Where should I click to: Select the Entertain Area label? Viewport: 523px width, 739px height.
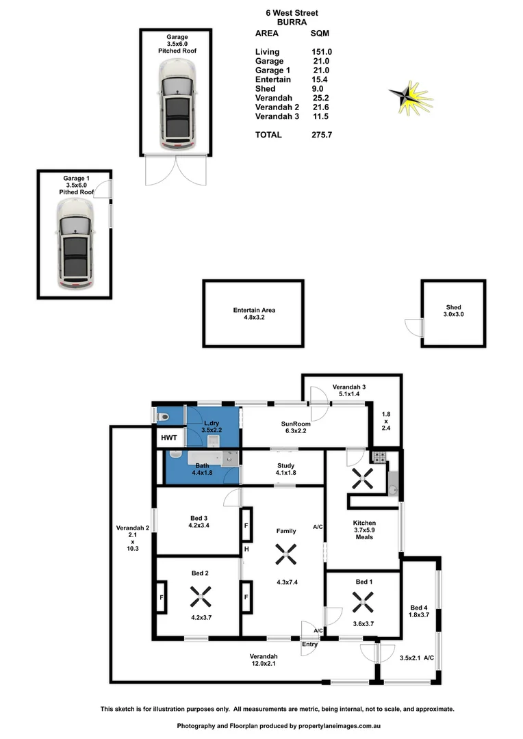click(254, 314)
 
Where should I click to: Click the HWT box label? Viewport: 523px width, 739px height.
click(168, 438)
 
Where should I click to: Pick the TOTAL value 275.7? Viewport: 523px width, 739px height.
click(322, 135)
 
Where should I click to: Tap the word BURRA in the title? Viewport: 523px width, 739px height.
click(283, 22)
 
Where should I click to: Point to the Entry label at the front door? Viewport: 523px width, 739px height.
click(310, 644)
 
